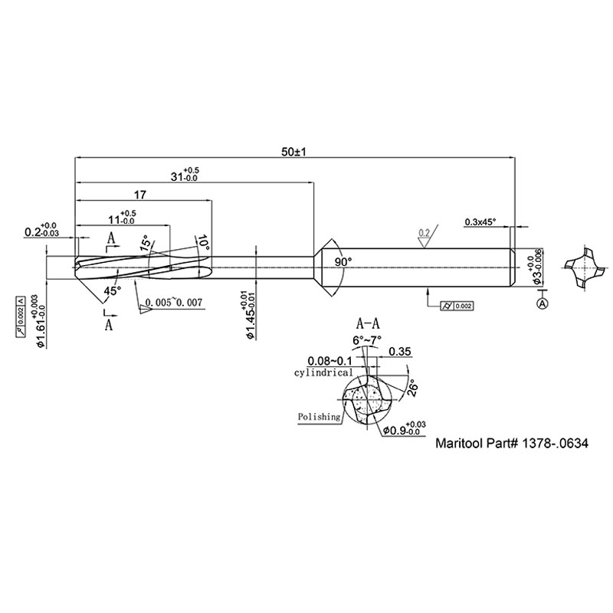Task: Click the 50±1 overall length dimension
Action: click(x=294, y=152)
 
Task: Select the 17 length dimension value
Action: click(x=140, y=194)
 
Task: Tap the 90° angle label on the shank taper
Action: click(x=343, y=262)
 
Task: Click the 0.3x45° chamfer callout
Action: click(x=480, y=222)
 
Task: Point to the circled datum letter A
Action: click(x=543, y=303)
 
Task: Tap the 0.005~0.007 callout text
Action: click(x=173, y=303)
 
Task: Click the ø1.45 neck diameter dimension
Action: click(x=245, y=316)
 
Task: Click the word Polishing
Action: click(x=320, y=417)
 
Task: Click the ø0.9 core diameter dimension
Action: click(x=401, y=429)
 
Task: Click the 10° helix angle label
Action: click(x=203, y=244)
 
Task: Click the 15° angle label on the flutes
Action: click(x=145, y=244)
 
